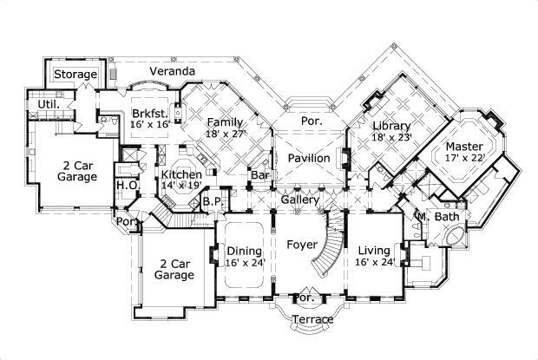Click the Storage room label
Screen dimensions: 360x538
75,75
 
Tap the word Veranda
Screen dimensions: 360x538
171,70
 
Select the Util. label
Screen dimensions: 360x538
48,104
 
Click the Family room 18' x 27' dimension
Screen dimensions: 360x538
226,134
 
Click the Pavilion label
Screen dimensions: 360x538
308,159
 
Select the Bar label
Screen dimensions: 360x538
259,175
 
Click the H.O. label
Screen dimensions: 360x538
126,185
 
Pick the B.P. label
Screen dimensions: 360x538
210,202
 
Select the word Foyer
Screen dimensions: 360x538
301,245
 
